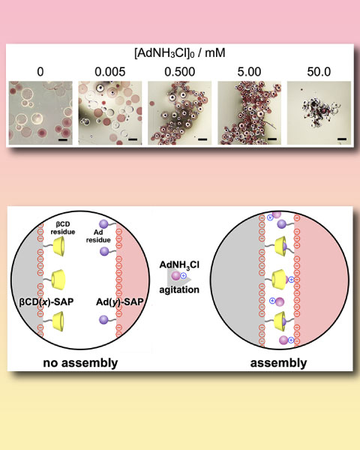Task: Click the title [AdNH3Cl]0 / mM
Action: click(180, 53)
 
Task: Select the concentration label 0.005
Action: click(110, 72)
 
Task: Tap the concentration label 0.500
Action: click(180, 72)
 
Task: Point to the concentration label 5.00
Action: click(249, 72)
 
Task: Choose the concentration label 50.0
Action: click(319, 72)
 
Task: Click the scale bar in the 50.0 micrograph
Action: click(342, 139)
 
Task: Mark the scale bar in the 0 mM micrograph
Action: click(63, 139)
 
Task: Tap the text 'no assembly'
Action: click(80, 363)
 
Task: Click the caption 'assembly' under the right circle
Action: click(278, 363)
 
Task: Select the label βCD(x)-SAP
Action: click(46, 302)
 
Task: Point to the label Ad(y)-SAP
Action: click(120, 302)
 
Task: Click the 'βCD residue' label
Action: click(63, 228)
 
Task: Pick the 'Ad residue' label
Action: click(98, 236)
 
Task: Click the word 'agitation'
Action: click(179, 289)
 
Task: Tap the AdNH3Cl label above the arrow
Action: click(179, 265)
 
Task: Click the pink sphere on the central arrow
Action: click(175, 276)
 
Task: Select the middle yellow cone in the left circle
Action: click(58, 278)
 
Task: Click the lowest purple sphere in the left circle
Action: click(103, 319)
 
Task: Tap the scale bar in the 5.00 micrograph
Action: click(272, 139)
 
